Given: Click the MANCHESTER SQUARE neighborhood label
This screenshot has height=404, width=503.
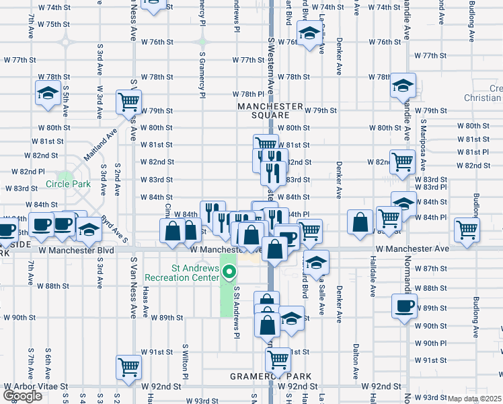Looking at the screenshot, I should [x=270, y=110].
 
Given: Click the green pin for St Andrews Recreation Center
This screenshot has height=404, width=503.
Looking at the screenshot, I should [x=229, y=273].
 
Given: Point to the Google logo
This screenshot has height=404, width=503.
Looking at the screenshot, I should [x=22, y=396].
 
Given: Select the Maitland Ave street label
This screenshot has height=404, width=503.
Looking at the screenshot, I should [x=97, y=147].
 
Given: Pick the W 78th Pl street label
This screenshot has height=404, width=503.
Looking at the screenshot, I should [x=248, y=94].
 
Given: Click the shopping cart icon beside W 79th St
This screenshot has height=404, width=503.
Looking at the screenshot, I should [x=128, y=102].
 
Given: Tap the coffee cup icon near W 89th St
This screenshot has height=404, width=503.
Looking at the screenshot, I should [x=404, y=306].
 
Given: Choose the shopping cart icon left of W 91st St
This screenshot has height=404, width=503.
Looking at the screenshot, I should [x=128, y=366].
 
